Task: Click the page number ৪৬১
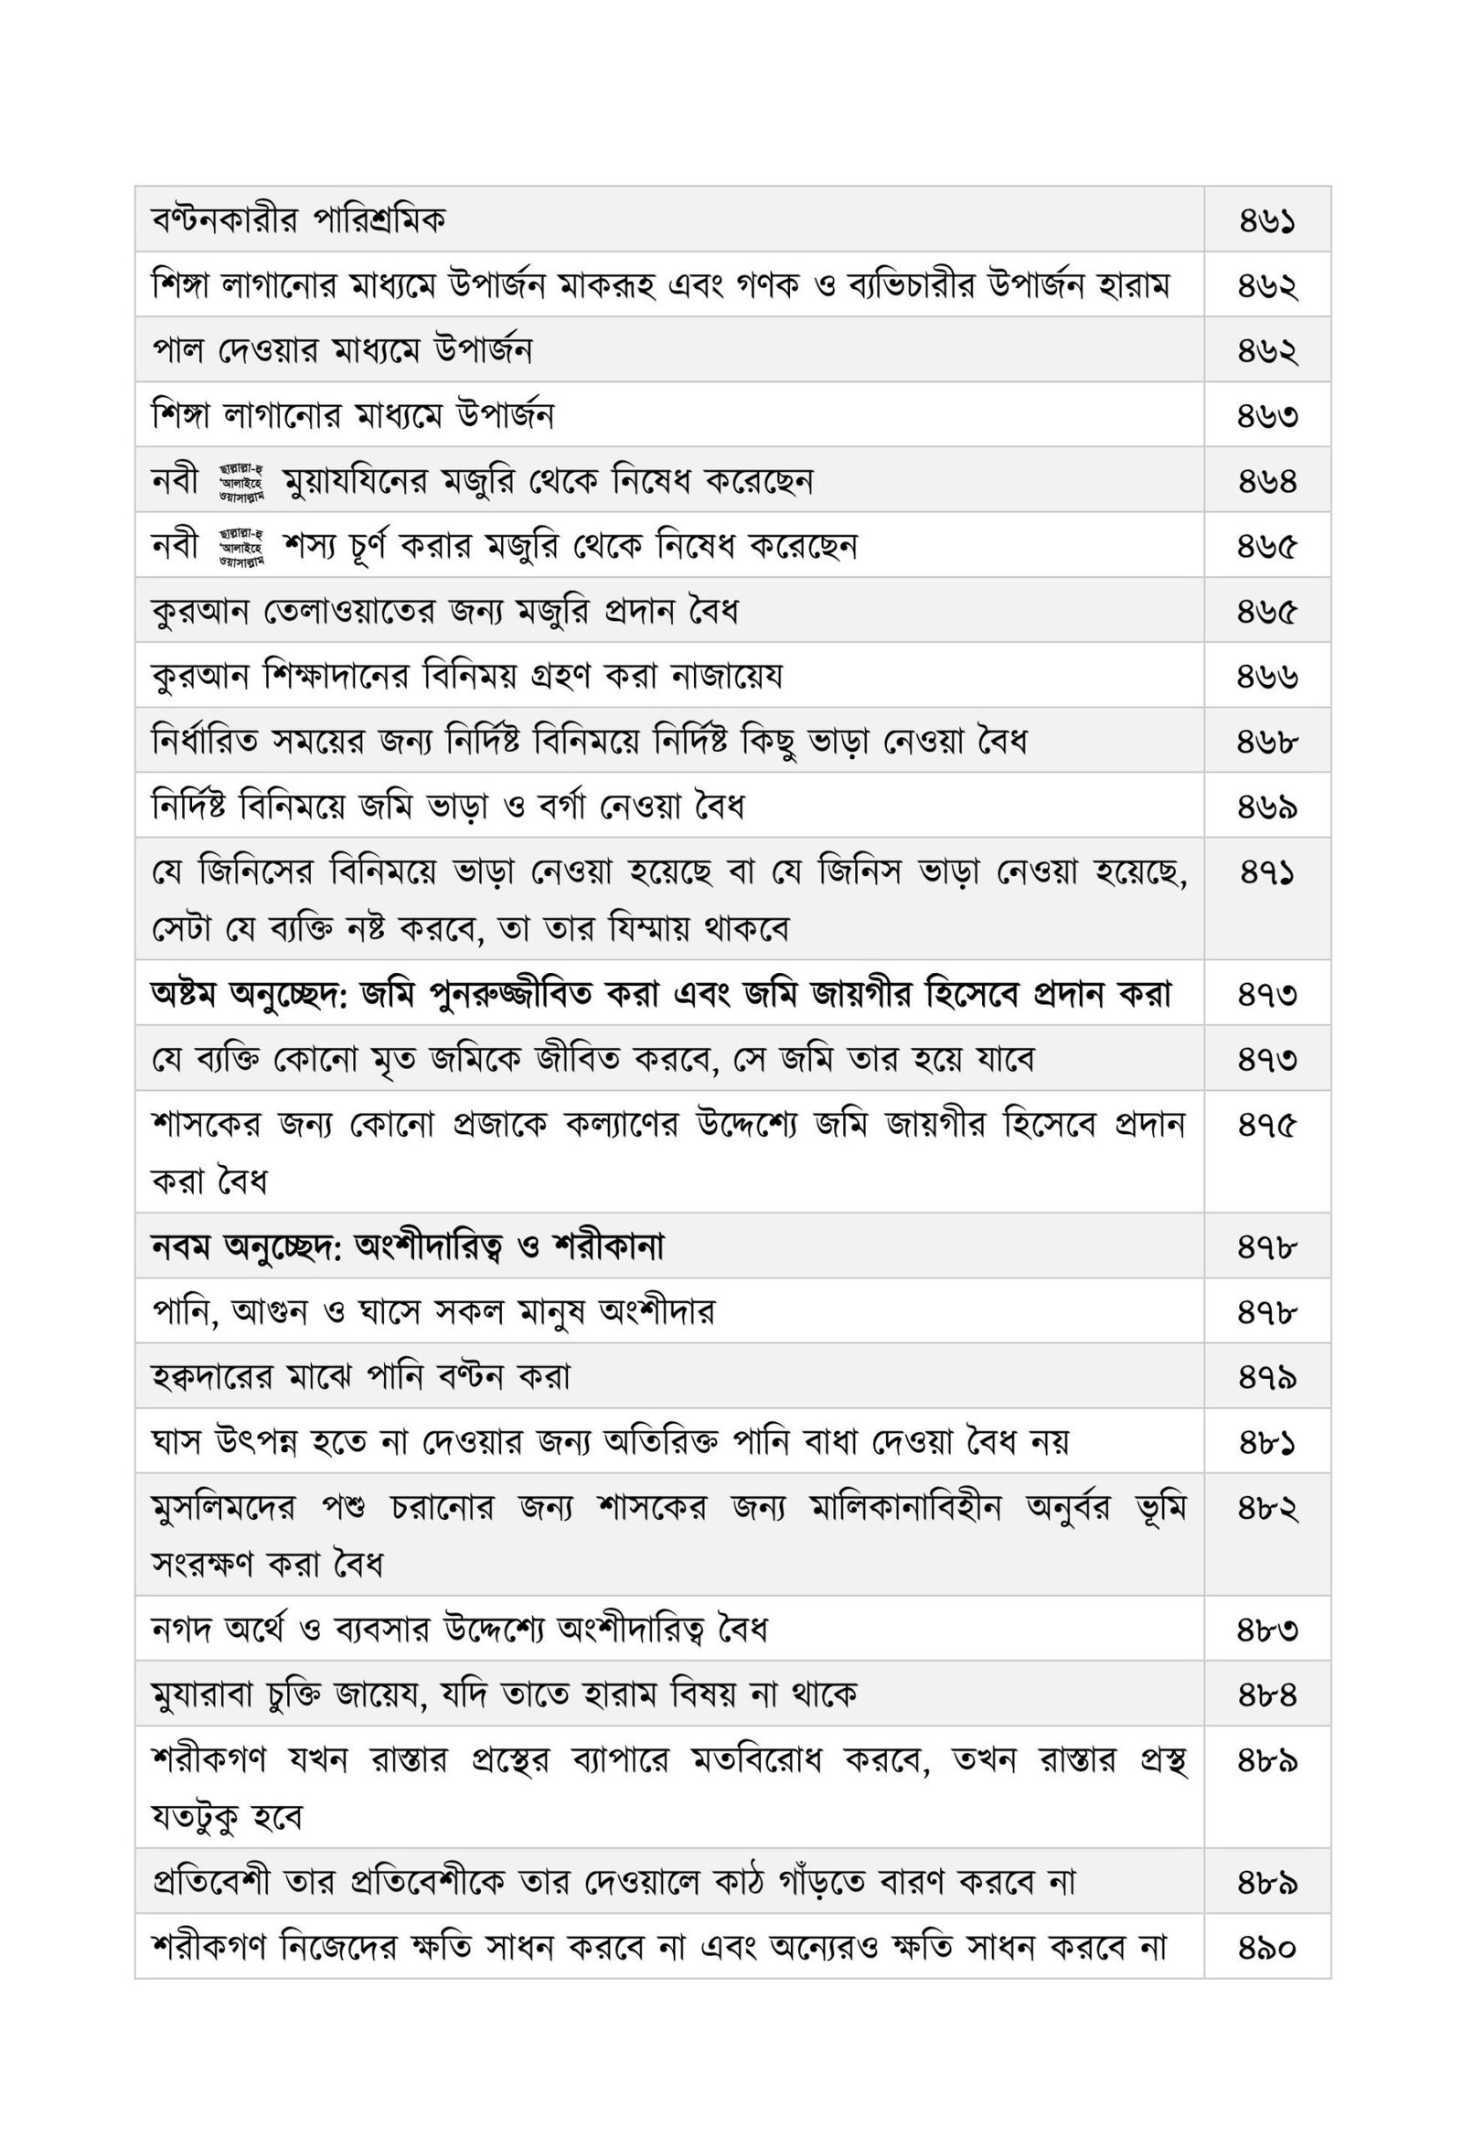(1266, 221)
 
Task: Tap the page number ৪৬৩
(1266, 417)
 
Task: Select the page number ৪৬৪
(1266, 481)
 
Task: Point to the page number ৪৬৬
(1266, 677)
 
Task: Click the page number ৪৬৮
(1266, 742)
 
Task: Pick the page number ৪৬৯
(1266, 807)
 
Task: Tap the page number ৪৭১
(1266, 872)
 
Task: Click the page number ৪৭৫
(1266, 1125)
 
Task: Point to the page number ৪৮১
(1266, 1442)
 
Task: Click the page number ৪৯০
(1266, 1949)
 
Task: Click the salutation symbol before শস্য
(241, 547)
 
